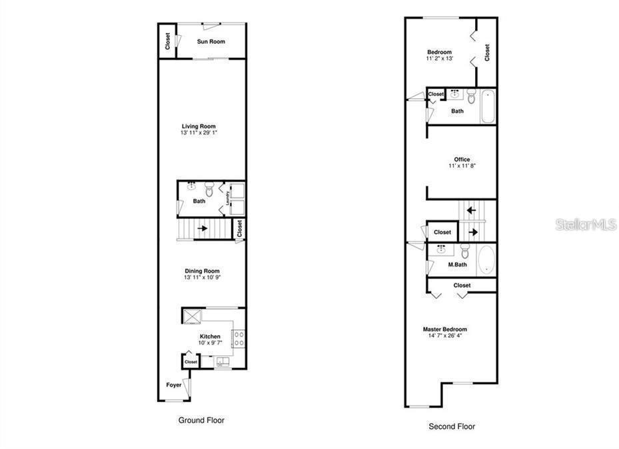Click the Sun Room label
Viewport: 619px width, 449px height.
coord(211,41)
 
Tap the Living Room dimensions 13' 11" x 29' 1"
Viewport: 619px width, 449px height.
coord(199,133)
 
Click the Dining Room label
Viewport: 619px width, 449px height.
coord(202,271)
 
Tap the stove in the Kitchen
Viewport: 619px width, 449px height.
coord(239,338)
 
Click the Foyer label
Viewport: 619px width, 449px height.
coord(173,384)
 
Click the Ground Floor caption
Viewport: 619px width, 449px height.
coord(201,420)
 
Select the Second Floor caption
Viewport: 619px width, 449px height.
coord(452,426)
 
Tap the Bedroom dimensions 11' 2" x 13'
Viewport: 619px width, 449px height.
coord(440,59)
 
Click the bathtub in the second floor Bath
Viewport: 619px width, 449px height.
coord(488,106)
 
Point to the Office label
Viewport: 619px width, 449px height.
coord(462,159)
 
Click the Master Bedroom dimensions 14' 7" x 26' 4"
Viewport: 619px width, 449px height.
coord(444,336)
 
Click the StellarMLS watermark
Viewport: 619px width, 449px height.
coord(586,225)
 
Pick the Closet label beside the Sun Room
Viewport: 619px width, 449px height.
coord(167,41)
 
